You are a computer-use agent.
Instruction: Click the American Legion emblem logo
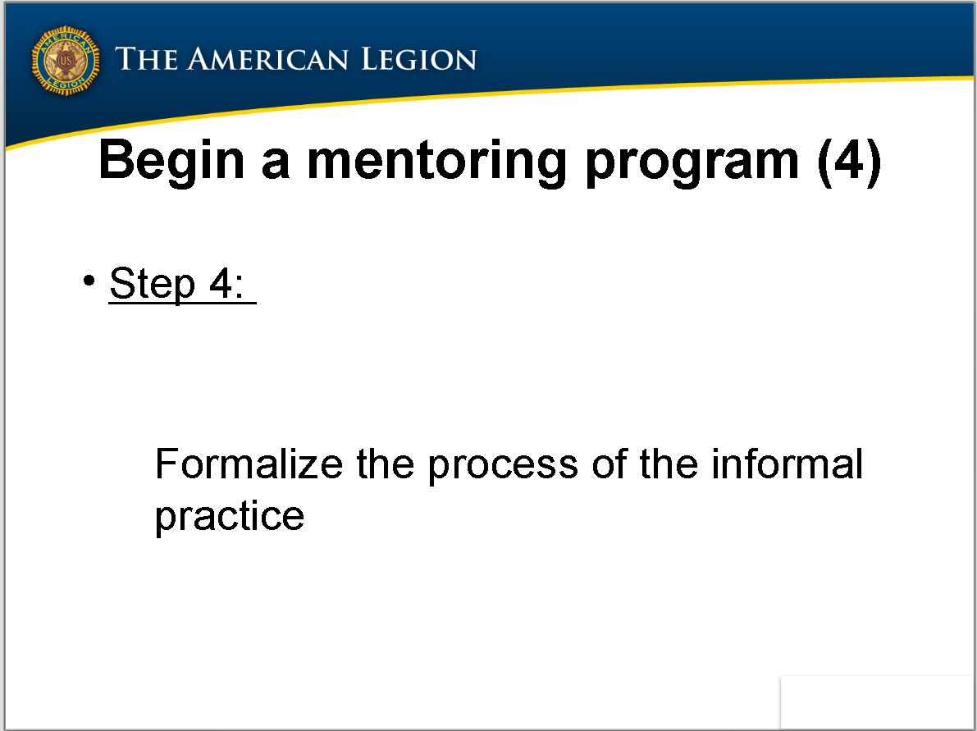66,61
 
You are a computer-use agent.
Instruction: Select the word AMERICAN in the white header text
267,59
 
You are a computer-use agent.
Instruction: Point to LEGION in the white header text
418,59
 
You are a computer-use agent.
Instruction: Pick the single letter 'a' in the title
276,165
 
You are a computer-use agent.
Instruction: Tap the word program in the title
692,165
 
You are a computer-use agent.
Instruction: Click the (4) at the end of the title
849,162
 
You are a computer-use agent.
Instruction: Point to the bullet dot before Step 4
89,280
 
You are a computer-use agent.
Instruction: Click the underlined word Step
152,284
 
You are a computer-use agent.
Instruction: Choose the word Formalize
249,464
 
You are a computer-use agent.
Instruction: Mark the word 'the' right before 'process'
385,464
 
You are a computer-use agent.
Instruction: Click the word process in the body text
503,468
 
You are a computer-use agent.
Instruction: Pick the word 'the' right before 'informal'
669,464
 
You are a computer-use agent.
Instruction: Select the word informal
788,464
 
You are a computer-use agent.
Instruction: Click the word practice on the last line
230,517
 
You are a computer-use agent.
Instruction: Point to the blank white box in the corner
877,701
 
